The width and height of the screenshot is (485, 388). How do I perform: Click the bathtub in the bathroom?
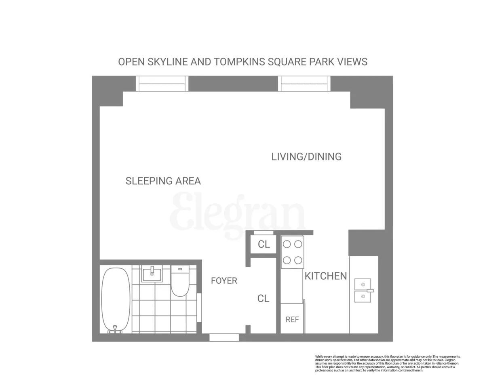tap(116, 299)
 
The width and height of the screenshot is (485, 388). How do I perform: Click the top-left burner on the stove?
tap(287, 244)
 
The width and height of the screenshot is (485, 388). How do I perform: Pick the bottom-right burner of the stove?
tap(298, 260)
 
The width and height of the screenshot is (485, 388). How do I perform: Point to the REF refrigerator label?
tap(292, 320)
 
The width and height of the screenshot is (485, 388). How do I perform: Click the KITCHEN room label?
tap(325, 276)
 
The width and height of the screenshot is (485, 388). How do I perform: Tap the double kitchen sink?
tap(363, 291)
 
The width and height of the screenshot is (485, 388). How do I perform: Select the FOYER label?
tap(224, 280)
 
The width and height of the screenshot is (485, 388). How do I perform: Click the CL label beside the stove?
tap(264, 245)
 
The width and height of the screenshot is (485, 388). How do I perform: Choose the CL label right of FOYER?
tap(264, 299)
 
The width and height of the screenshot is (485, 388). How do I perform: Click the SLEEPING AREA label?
tap(163, 181)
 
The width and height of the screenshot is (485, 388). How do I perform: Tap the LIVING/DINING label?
tap(306, 157)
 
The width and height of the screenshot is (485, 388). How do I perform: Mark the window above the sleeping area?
tap(162, 84)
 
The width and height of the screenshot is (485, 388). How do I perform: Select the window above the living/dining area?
tap(304, 84)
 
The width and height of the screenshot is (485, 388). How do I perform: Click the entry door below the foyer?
tap(224, 337)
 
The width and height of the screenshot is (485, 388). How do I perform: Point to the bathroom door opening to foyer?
tap(199, 307)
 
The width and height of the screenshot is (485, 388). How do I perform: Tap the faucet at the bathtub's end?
tap(115, 329)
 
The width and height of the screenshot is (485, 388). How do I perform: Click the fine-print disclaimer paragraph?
tap(387, 363)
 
